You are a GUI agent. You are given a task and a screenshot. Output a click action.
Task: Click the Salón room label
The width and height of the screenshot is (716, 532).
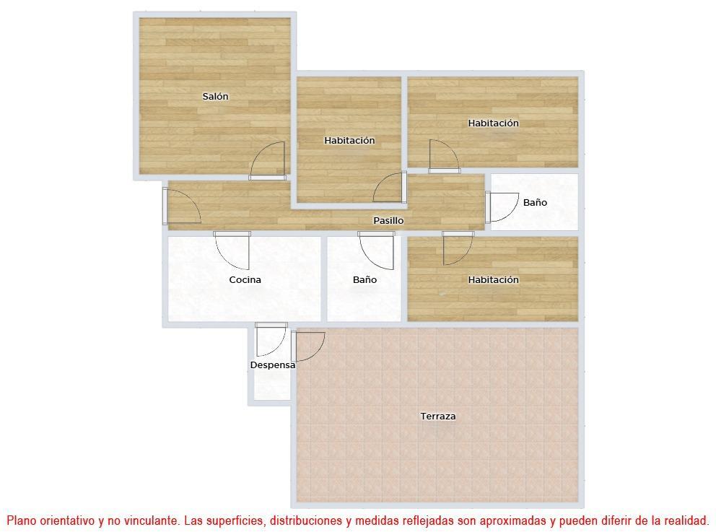215,96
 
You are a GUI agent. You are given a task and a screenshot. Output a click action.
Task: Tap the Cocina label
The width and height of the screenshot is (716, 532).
245,279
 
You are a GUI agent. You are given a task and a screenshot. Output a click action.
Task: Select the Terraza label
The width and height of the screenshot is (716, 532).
438,416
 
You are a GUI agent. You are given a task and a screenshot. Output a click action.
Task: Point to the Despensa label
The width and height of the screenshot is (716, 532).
273,365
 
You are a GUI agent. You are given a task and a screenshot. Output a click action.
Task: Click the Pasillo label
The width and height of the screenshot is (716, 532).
388,221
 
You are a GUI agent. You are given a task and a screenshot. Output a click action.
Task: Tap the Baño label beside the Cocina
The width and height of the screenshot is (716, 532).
364,279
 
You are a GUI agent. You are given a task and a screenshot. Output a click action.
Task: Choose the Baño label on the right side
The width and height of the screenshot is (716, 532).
535,202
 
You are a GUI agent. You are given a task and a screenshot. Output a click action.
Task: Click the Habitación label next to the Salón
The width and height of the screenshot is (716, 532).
349,140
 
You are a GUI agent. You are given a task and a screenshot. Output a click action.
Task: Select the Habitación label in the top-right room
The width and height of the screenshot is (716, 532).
493,123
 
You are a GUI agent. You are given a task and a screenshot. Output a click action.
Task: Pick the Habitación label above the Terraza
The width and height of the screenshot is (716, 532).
493,279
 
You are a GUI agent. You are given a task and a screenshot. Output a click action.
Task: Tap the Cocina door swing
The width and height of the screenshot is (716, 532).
232,250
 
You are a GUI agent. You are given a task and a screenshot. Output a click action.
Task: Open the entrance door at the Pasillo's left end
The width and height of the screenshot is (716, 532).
181,206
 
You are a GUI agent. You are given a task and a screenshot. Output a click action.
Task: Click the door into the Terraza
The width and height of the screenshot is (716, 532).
307,346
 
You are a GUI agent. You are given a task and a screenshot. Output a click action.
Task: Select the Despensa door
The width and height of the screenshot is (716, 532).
271,339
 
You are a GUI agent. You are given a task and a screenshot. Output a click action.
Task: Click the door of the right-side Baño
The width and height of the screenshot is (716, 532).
502,207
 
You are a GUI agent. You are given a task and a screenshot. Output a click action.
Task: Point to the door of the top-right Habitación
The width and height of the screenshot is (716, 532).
444,156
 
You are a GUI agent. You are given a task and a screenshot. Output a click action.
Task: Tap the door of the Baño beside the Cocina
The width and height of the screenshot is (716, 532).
377,250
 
